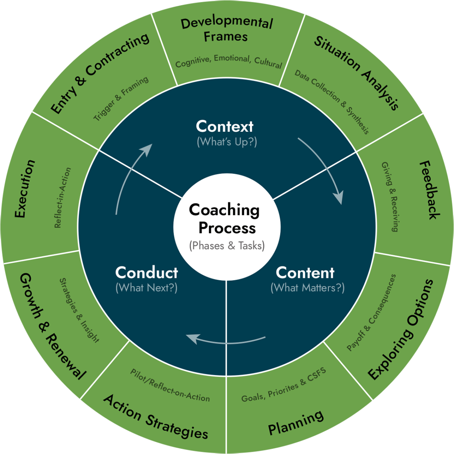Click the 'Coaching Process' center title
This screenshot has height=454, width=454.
tap(225, 219)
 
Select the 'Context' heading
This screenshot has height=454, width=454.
tap(225, 126)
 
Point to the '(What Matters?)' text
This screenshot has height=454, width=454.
tap(307, 287)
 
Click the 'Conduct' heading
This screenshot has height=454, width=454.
tap(147, 273)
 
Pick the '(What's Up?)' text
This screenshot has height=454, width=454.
tap(227, 142)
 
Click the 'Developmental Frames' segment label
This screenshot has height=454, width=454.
tap(226, 30)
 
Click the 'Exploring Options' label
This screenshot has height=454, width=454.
tap(401, 330)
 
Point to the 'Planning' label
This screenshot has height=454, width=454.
tap(296, 423)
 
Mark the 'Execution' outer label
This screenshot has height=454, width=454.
tap(24, 189)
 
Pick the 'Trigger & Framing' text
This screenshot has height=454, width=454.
tap(121, 98)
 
